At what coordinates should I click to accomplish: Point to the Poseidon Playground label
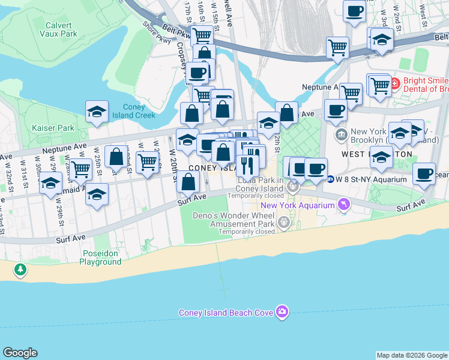click(100, 257)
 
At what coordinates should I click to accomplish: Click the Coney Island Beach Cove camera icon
click(282, 311)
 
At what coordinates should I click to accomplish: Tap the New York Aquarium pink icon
click(344, 205)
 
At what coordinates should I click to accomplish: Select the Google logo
click(20, 353)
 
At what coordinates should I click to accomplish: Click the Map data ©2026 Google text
click(412, 355)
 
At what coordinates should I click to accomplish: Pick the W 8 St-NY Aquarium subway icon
click(330, 179)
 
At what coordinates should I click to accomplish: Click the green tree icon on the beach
click(21, 270)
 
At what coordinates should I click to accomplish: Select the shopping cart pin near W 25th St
click(80, 169)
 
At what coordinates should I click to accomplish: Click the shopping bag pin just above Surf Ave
click(188, 180)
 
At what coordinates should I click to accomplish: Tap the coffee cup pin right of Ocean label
click(424, 173)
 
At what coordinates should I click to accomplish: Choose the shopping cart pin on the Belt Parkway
click(338, 46)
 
